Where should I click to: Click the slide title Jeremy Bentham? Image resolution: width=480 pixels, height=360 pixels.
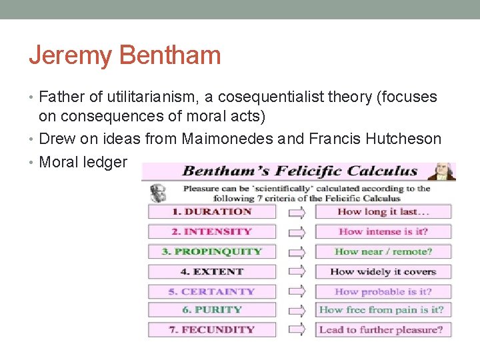point(125,55)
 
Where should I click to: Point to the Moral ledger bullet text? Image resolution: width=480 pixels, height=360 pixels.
point(83,161)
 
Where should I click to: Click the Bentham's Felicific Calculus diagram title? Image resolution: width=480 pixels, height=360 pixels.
point(299,171)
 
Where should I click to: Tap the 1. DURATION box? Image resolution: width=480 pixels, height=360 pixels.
point(211,212)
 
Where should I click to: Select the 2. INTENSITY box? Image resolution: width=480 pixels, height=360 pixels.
point(211,232)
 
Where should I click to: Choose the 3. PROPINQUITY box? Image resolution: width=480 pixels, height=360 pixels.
point(211,252)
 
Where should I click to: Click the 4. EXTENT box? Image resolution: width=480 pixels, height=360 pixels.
point(211,272)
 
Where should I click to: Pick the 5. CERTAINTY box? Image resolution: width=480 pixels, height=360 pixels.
point(211,291)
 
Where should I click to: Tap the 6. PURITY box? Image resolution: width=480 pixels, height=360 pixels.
point(211,310)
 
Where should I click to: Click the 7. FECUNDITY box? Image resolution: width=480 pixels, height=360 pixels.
point(211,329)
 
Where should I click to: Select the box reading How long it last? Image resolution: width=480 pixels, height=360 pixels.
point(383,212)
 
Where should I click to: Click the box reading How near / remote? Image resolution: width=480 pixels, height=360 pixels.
point(383,252)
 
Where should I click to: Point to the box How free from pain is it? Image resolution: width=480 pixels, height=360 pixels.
point(383,310)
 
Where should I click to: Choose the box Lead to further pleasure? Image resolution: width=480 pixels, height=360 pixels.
point(383,329)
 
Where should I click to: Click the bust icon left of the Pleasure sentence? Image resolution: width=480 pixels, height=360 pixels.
point(159,193)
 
